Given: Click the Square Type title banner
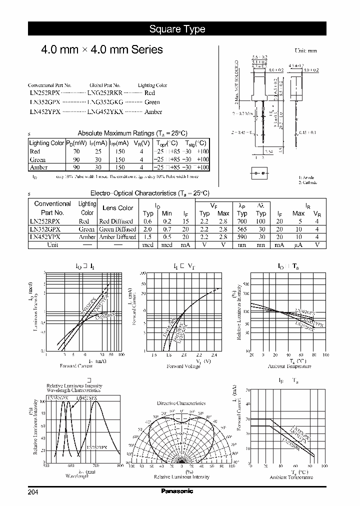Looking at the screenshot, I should pyautogui.click(x=177, y=29).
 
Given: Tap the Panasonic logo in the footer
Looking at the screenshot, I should pyautogui.click(x=177, y=491).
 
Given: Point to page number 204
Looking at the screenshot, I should pyautogui.click(x=33, y=492).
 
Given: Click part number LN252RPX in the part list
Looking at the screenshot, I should pyautogui.click(x=45, y=93).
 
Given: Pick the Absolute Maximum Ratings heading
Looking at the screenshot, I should pyautogui.click(x=132, y=133).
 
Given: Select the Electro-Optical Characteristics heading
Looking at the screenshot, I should pyautogui.click(x=149, y=193).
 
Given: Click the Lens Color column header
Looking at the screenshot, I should pyautogui.click(x=117, y=208).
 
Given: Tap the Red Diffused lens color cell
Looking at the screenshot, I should pyautogui.click(x=116, y=221).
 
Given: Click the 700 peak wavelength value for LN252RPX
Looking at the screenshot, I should pyautogui.click(x=242, y=221).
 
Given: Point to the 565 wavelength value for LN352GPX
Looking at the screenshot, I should pyautogui.click(x=242, y=229).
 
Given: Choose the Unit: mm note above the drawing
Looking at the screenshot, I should pyautogui.click(x=306, y=50).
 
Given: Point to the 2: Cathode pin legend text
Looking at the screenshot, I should pyautogui.click(x=308, y=182).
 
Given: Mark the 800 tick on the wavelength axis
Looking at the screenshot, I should pyautogui.click(x=120, y=466).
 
